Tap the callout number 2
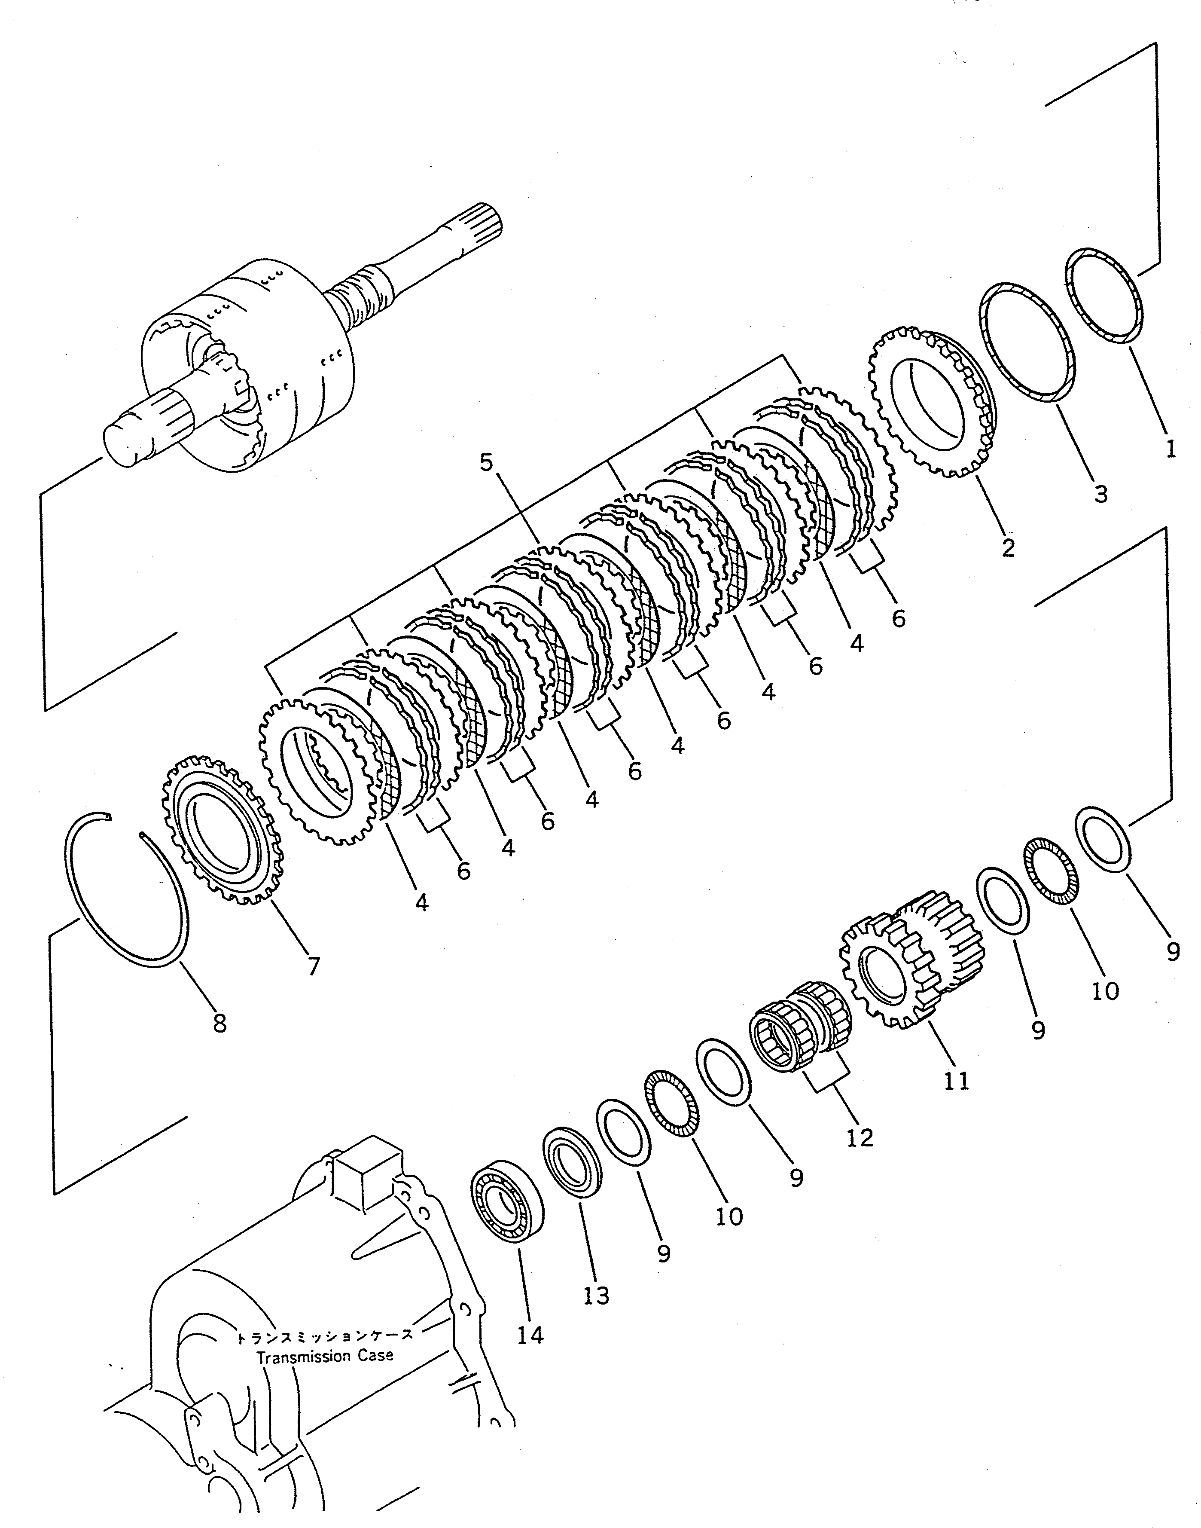pos(1008,547)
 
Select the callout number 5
pos(487,462)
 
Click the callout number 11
pos(956,1081)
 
